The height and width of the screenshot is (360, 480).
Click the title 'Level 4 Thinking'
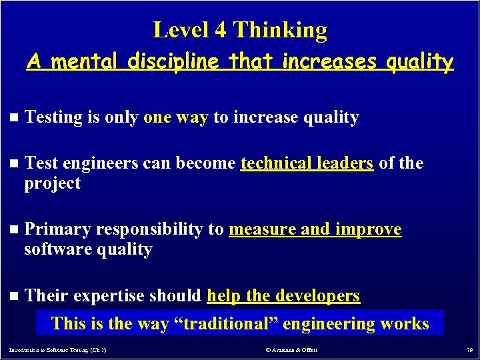click(240, 30)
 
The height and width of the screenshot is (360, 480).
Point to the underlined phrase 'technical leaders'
click(307, 163)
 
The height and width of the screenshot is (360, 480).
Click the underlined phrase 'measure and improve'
click(315, 229)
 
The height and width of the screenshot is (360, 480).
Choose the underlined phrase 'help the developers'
click(283, 295)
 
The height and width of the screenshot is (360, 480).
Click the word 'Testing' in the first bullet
click(53, 117)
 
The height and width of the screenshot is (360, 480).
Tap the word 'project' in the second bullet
click(52, 183)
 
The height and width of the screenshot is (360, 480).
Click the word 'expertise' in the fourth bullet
click(111, 295)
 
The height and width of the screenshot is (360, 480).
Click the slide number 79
click(468, 349)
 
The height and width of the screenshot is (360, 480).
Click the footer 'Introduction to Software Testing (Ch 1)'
click(59, 349)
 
